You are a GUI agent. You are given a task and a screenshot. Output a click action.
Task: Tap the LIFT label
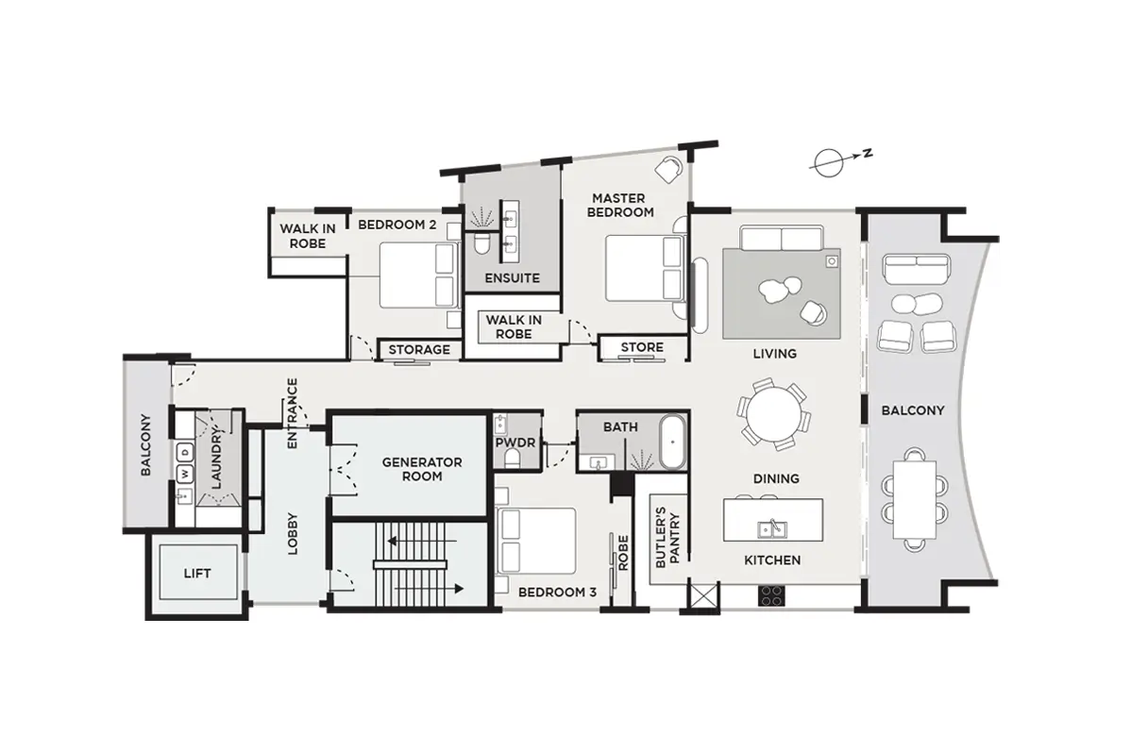pos(197,574)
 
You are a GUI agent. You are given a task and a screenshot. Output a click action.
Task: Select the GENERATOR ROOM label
pos(422,469)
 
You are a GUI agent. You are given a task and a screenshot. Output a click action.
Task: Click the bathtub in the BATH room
pos(672,442)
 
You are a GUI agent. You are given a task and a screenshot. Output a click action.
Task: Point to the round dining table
pos(774,414)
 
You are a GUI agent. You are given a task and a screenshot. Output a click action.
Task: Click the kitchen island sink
pos(772,529)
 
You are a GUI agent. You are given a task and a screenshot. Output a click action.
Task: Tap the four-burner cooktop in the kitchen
pos(771,595)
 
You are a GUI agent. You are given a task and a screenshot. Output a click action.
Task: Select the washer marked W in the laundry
pos(185,475)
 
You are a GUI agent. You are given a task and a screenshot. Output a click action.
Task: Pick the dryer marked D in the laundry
pos(185,452)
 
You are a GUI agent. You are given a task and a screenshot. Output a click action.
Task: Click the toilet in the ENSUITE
pos(481,244)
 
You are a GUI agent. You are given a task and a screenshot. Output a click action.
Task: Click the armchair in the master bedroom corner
pos(669,169)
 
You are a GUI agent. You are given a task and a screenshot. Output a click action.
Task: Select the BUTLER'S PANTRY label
pos(667,538)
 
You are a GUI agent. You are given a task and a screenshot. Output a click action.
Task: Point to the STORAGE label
pos(419,349)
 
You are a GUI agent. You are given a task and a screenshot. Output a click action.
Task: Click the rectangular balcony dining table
pos(915,499)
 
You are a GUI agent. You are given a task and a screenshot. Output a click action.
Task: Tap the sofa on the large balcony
pos(917,270)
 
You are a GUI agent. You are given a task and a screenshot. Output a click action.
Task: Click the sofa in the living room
pos(781,237)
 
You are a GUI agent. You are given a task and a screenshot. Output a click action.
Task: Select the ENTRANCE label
pos(292,413)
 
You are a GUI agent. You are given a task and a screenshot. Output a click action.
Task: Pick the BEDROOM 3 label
pos(557,593)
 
